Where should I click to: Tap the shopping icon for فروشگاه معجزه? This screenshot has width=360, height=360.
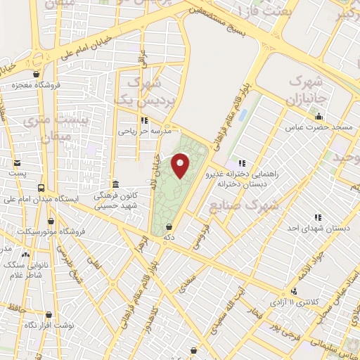(x=36, y=74)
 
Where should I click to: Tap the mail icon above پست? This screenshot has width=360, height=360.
(x=16, y=162)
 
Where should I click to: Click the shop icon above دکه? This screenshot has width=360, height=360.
(x=169, y=228)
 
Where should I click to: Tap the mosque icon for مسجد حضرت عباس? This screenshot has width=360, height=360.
(x=320, y=117)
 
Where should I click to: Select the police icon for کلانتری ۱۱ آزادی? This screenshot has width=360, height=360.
(x=294, y=290)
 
